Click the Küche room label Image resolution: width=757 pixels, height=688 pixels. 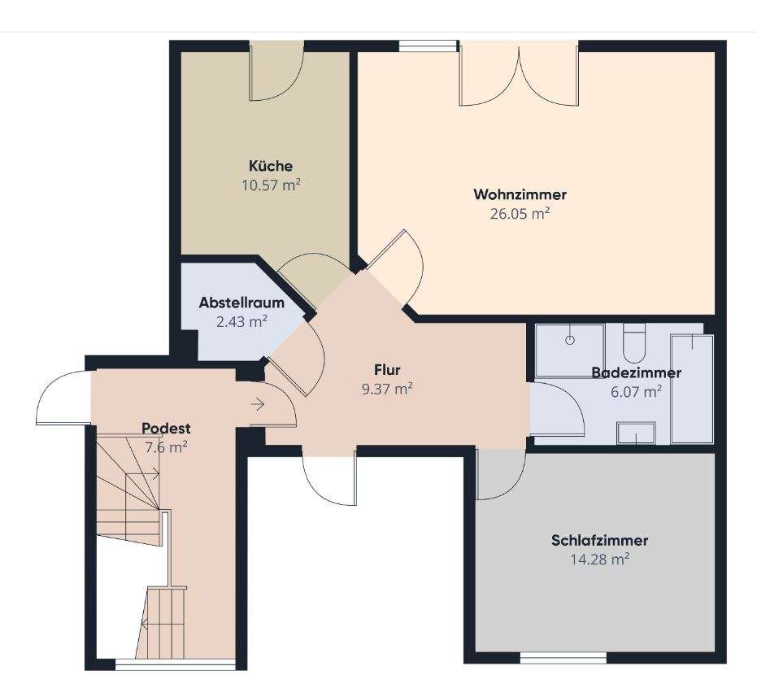[x=271, y=166]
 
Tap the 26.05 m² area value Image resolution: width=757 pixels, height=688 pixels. [x=520, y=213]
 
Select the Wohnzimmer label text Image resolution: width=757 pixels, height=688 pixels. [x=520, y=194]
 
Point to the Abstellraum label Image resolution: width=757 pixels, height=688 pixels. [x=241, y=303]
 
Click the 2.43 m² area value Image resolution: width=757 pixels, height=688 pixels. [x=241, y=321]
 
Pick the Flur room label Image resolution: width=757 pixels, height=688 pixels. [x=387, y=370]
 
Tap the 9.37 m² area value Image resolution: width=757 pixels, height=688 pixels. [x=387, y=389]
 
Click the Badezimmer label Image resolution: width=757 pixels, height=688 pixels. [x=637, y=372]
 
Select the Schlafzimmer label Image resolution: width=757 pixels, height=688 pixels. [x=599, y=540]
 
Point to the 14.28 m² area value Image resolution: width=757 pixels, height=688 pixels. [x=599, y=559]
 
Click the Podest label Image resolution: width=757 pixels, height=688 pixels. [x=166, y=429]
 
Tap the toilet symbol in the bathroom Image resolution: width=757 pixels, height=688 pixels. [x=634, y=343]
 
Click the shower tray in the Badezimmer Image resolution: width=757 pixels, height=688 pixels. [x=570, y=351]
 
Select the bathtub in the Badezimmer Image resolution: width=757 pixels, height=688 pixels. [x=692, y=390]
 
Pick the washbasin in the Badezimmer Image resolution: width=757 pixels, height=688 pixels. [x=637, y=433]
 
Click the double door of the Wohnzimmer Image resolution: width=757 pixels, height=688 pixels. [x=519, y=73]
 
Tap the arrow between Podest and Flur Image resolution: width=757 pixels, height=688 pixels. [x=258, y=405]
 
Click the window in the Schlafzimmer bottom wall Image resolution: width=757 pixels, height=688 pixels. [x=563, y=658]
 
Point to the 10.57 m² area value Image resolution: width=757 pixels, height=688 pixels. [x=271, y=185]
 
